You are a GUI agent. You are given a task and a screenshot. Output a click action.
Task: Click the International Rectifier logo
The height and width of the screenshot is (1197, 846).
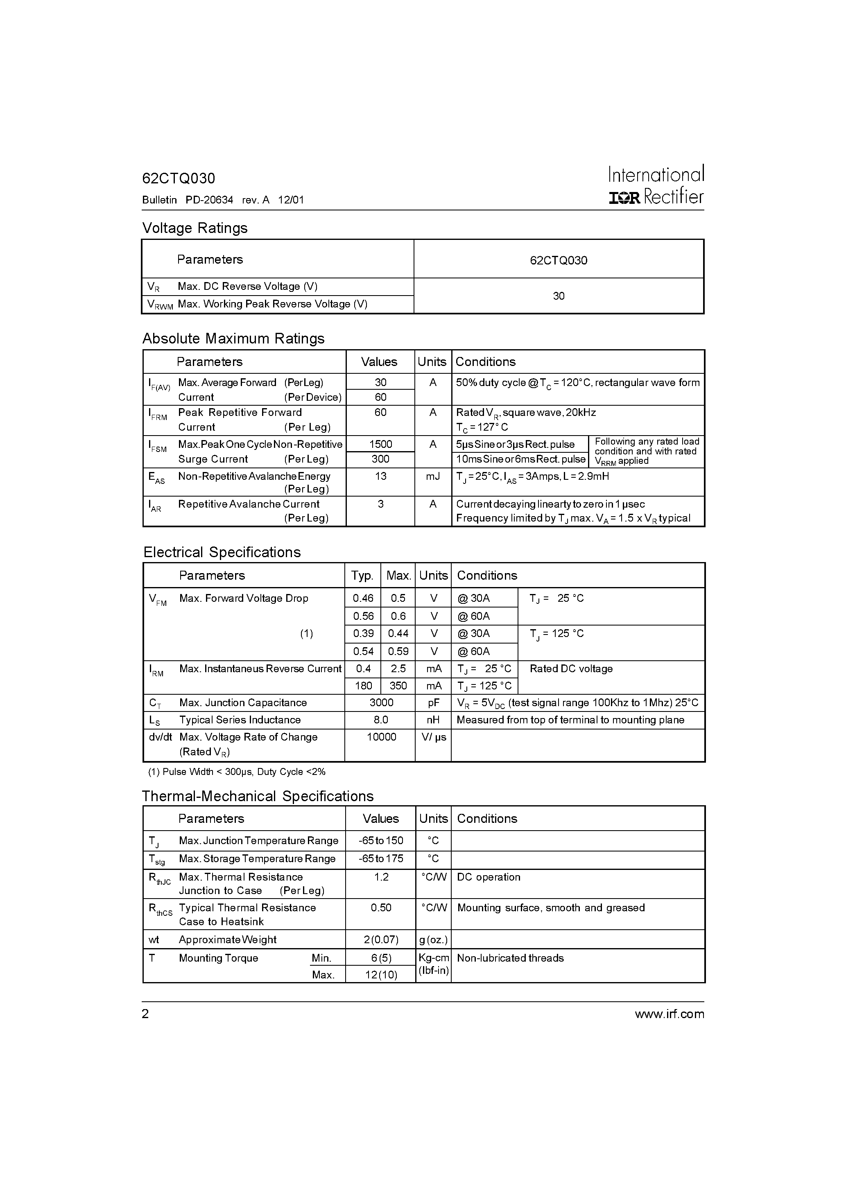(x=656, y=185)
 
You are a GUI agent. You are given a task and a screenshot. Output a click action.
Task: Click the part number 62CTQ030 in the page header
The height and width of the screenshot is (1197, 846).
(x=179, y=179)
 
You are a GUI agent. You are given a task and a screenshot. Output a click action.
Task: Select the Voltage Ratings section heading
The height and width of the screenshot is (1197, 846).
(x=195, y=228)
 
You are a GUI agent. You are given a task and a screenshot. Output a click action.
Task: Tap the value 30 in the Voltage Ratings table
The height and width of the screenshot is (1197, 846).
(x=558, y=296)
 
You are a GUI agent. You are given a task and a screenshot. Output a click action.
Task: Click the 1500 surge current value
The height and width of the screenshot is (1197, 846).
(x=380, y=444)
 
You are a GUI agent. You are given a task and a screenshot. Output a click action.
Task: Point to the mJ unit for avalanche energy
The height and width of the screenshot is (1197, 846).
(x=432, y=476)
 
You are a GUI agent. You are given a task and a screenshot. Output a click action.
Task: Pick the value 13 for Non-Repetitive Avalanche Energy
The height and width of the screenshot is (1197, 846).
(x=380, y=476)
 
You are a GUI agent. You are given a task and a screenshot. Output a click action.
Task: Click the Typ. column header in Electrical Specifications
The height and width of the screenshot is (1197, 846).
(x=362, y=576)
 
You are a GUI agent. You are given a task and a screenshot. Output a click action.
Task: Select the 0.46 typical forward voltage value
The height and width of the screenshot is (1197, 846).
(x=363, y=598)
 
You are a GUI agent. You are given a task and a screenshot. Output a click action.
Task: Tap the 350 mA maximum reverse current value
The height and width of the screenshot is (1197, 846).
(x=398, y=686)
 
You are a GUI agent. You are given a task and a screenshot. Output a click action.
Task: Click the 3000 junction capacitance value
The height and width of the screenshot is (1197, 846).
(x=381, y=703)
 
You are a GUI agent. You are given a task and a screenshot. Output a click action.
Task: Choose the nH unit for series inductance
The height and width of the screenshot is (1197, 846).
(x=433, y=720)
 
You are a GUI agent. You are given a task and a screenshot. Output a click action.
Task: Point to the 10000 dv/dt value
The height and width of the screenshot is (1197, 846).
(x=381, y=737)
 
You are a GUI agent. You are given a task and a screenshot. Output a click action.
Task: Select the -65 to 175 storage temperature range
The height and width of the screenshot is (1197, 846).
(x=380, y=858)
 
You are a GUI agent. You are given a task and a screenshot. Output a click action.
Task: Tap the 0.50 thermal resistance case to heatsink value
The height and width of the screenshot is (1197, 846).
(x=381, y=908)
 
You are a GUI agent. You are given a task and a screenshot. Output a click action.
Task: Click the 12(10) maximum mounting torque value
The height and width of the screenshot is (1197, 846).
(x=381, y=975)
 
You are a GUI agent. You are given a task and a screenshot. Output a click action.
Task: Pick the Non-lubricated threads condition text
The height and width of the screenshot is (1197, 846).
(x=510, y=958)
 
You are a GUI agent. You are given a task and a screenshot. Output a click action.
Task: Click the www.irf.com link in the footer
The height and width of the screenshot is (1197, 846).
(x=669, y=1014)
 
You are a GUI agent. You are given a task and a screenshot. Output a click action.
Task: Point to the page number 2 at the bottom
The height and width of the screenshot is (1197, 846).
(x=145, y=1014)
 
